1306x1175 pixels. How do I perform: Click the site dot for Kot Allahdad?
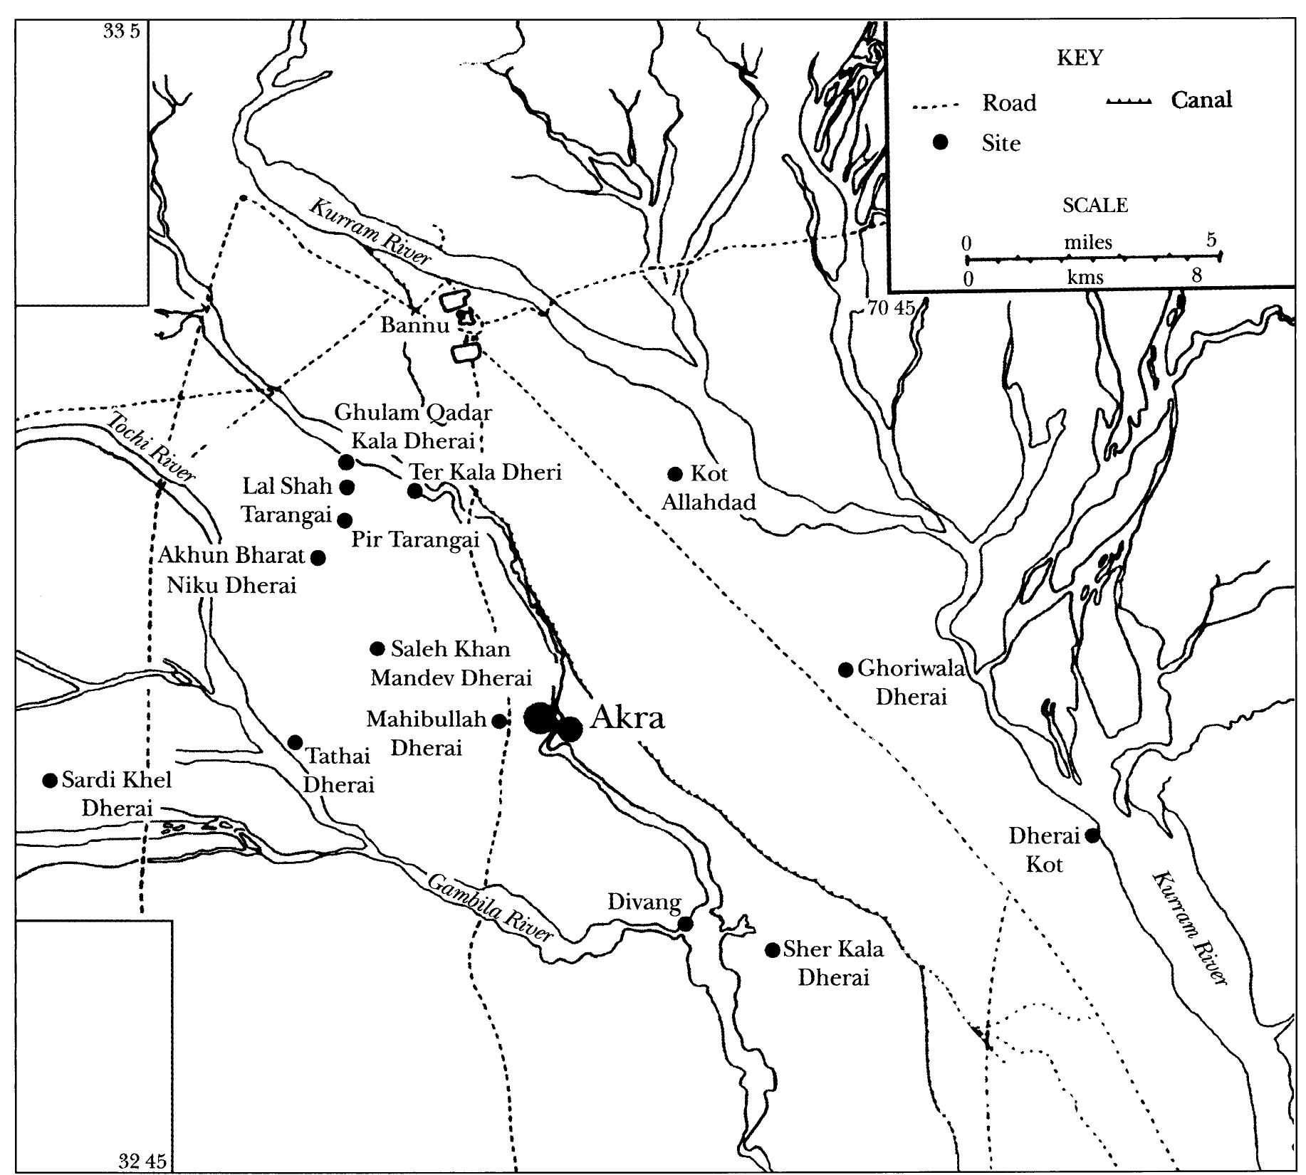676,473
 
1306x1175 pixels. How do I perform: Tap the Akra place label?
627,717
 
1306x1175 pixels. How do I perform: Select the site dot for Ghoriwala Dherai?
845,670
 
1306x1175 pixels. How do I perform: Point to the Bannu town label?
414,326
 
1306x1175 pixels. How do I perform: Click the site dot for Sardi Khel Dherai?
50,781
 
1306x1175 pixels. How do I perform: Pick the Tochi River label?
150,448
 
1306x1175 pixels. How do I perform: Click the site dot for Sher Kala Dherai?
772,950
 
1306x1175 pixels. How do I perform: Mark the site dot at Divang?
685,924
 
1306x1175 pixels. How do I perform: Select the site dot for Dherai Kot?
1092,836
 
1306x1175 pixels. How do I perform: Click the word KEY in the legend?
1080,58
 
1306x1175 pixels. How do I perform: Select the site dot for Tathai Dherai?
295,742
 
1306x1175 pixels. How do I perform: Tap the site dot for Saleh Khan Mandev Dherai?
378,648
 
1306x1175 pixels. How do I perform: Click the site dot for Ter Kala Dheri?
415,490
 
